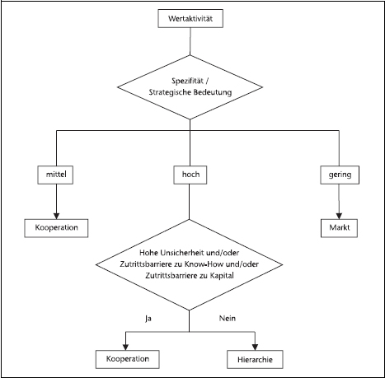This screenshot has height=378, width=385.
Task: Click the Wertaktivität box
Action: (x=190, y=18)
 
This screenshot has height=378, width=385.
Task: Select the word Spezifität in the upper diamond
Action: (x=184, y=82)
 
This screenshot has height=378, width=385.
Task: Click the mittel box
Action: (x=55, y=175)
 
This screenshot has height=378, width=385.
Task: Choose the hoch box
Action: (x=190, y=175)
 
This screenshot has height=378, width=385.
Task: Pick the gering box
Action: (x=340, y=175)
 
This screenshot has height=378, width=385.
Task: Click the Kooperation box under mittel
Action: (x=56, y=228)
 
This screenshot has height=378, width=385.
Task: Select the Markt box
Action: (x=339, y=228)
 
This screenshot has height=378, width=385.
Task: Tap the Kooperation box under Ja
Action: (x=128, y=359)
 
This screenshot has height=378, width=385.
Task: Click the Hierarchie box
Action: (x=255, y=359)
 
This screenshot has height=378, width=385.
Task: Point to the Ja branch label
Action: (x=148, y=319)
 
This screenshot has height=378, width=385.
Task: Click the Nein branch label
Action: (x=228, y=319)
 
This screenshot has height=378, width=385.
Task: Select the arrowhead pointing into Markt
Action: (x=339, y=216)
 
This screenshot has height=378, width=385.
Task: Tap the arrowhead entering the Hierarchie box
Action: (x=255, y=348)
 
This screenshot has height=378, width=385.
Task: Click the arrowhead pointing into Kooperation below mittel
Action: (x=56, y=216)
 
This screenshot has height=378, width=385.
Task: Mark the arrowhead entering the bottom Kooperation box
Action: (x=125, y=348)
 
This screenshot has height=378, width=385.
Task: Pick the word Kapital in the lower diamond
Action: (x=222, y=276)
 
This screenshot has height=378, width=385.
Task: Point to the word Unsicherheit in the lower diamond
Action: (x=178, y=253)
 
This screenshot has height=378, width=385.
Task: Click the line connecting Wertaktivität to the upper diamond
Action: (x=190, y=41)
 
